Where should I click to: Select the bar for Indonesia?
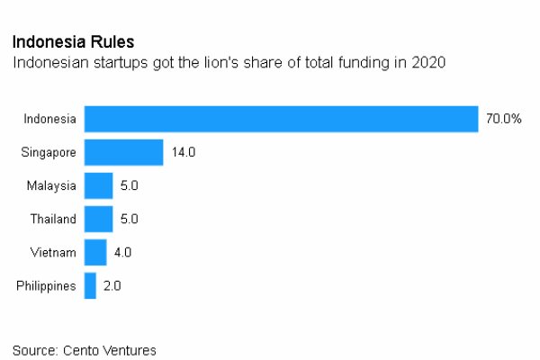click(x=281, y=119)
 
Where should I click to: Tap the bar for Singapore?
click(x=123, y=152)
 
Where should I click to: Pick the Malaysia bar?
click(x=98, y=185)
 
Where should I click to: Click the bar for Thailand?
click(x=98, y=219)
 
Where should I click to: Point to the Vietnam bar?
click(x=94, y=252)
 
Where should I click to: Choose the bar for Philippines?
click(x=90, y=285)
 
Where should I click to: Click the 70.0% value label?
click(x=504, y=119)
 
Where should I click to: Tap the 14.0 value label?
click(x=183, y=152)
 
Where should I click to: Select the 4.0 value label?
click(x=122, y=252)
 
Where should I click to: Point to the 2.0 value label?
click(x=112, y=285)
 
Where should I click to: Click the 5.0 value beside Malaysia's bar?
click(x=129, y=185)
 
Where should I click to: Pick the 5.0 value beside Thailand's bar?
click(x=129, y=219)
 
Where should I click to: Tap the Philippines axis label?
click(x=47, y=285)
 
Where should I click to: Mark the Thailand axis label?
click(x=53, y=219)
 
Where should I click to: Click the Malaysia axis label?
click(x=52, y=185)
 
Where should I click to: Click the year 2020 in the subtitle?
click(x=428, y=63)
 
